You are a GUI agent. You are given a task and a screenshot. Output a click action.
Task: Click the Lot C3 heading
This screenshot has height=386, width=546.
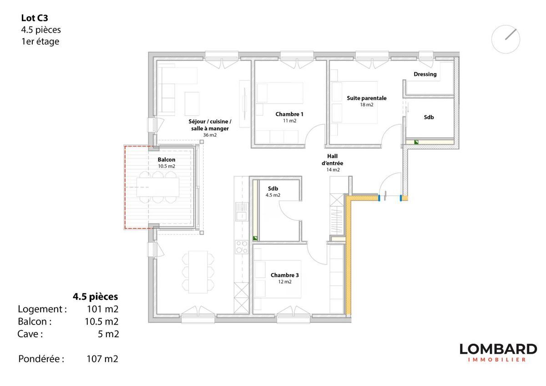coord(35,18)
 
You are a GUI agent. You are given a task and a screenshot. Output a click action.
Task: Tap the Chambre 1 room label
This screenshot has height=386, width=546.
coord(289,114)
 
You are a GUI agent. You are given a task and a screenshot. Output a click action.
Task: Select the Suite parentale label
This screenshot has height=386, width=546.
coord(367,98)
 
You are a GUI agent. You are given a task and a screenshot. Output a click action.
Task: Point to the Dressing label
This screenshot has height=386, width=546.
coord(425,74)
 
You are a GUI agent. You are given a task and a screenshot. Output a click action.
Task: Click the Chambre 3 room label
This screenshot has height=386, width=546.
coord(284,275)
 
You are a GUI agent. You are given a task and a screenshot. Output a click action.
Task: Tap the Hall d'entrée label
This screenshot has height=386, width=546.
coord(332,160)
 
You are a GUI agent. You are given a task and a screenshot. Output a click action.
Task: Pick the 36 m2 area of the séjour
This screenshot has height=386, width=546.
coord(210,135)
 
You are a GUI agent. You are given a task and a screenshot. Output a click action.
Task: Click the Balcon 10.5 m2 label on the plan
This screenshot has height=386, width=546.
coord(167,163)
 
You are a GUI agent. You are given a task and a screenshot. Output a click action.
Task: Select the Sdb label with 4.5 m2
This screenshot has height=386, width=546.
coord(273,192)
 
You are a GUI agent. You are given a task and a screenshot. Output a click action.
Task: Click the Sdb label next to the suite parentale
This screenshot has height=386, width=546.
coord(429,117)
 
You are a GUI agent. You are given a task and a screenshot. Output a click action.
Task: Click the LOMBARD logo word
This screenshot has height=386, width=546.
coord(498,349)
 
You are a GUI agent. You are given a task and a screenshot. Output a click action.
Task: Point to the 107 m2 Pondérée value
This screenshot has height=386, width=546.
coord(102,359)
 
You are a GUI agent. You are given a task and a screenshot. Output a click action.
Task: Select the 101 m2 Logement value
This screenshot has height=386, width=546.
coord(103,309)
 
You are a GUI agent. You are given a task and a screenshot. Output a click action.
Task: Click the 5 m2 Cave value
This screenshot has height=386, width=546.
coord(108,334)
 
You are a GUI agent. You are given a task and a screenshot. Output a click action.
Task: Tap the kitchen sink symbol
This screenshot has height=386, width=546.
coord(242,212)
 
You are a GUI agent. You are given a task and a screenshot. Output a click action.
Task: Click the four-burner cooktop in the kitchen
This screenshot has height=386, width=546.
coord(242,247)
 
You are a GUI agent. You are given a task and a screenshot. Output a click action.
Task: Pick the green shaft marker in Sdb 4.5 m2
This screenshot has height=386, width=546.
coord(255,238)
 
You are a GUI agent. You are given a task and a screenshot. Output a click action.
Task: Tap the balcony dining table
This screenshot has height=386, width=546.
coord(158,187)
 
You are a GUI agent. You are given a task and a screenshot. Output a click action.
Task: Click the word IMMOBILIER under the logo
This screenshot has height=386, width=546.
coord(497,360)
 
